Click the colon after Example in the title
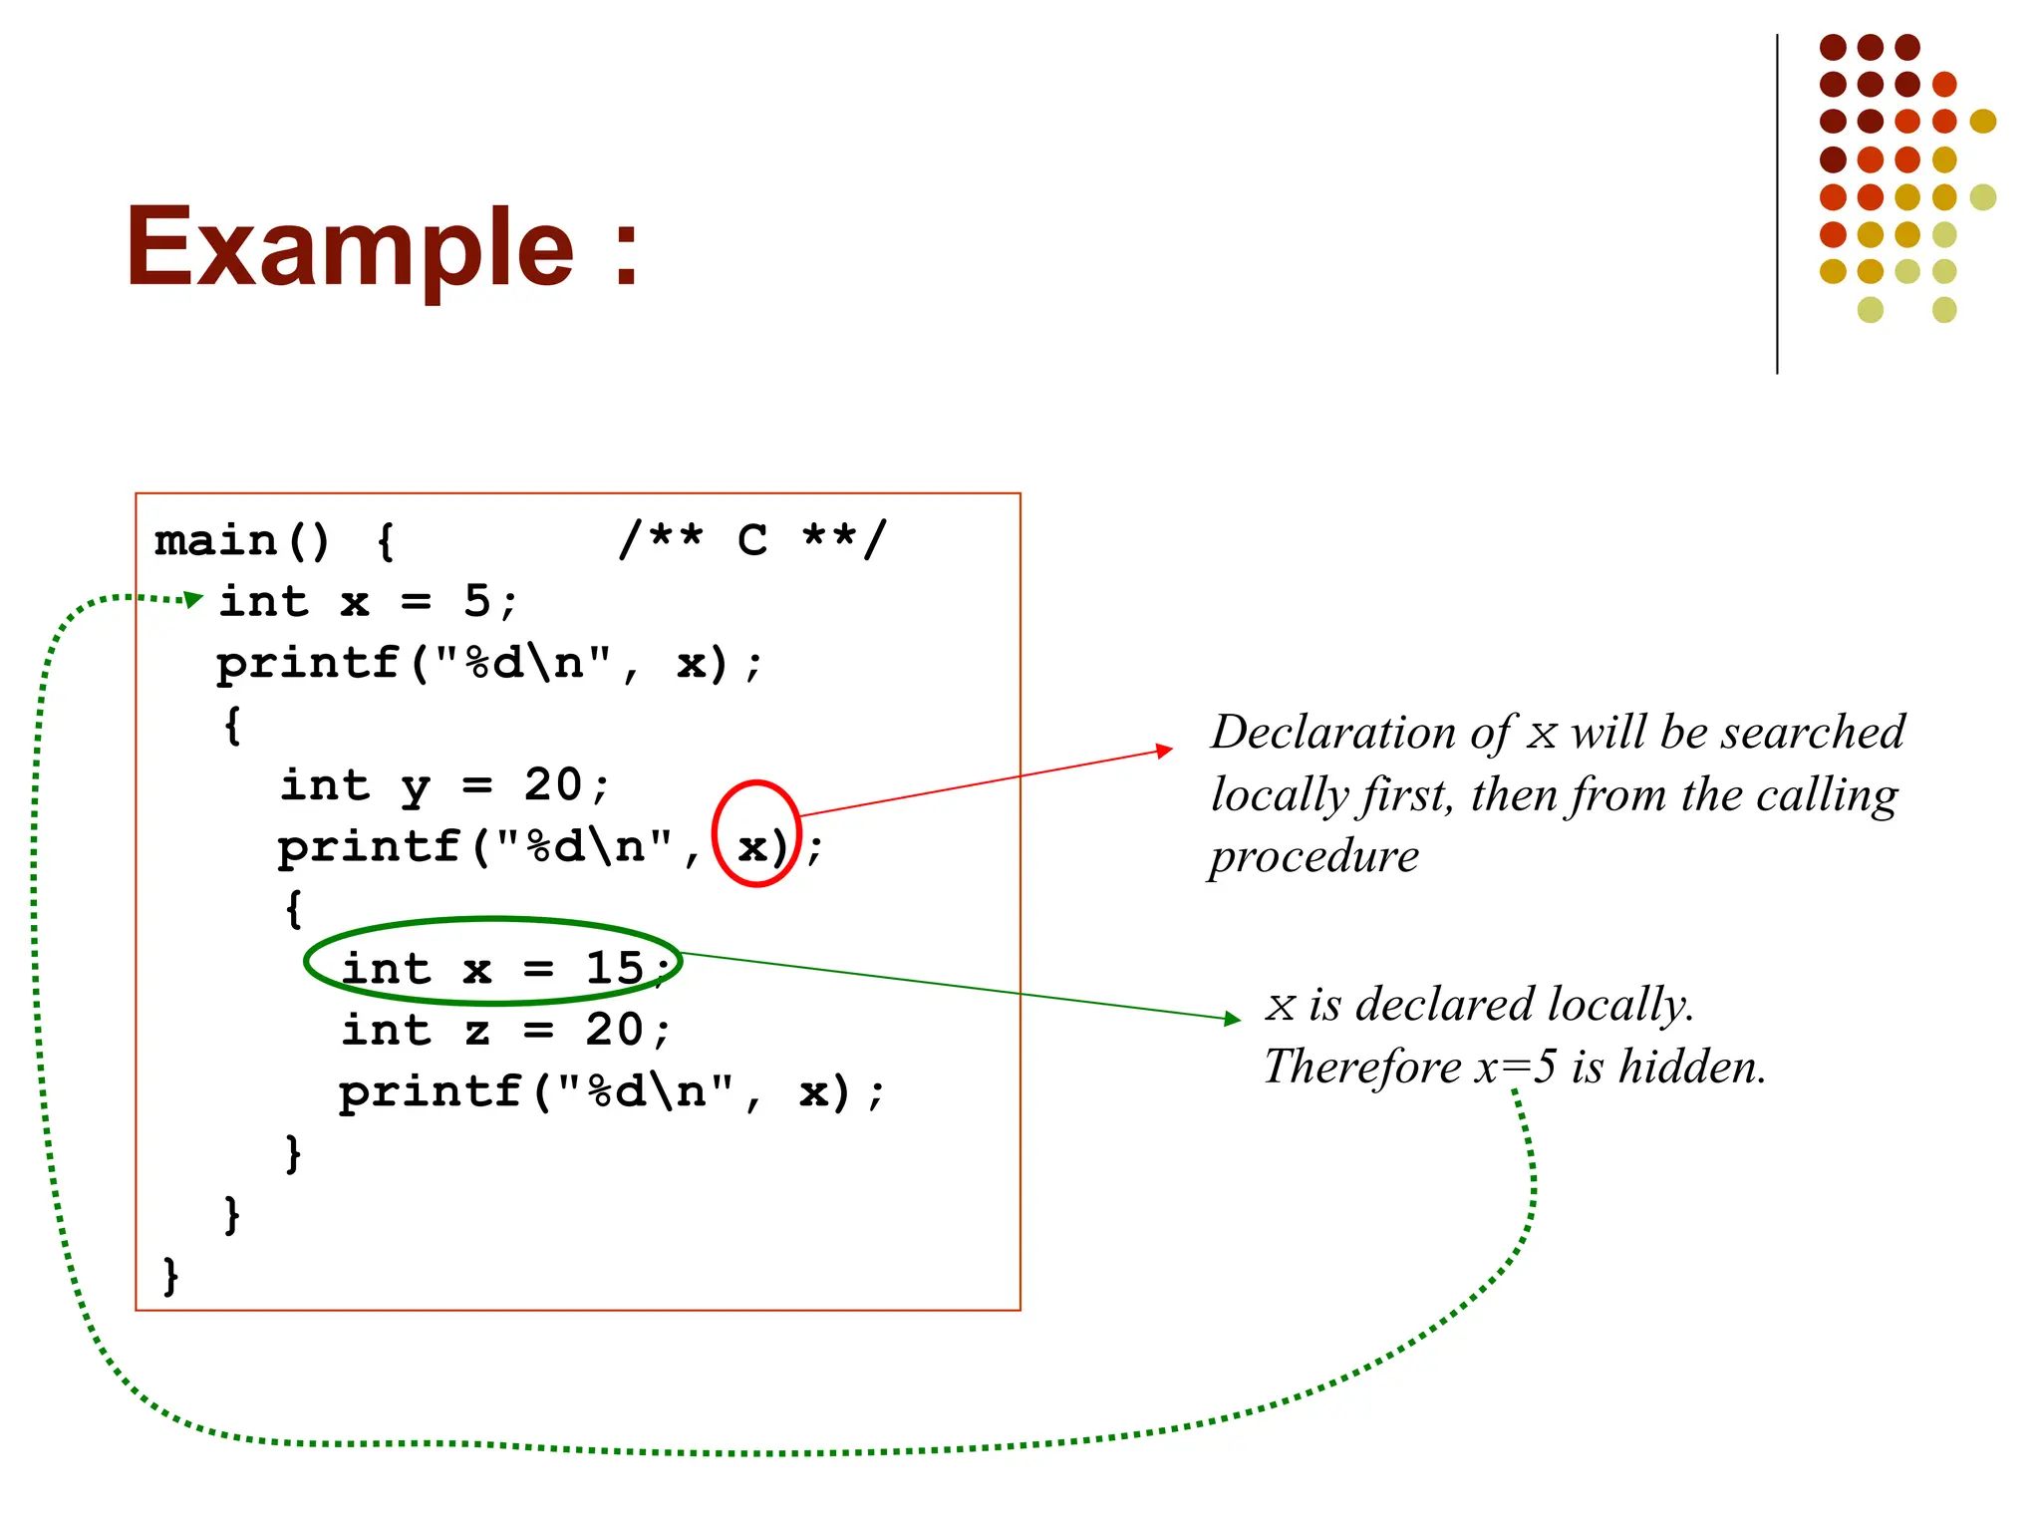626,255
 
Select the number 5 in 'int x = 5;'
476,601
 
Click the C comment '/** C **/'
752,540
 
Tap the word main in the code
216,541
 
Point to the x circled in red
751,847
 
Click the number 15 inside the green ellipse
614,968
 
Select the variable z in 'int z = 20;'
476,1031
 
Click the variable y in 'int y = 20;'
416,786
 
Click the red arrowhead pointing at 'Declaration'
1164,750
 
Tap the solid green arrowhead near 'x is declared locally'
1232,1018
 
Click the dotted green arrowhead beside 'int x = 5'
194,599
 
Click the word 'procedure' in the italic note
1313,856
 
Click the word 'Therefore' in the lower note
1361,1067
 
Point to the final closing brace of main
170,1276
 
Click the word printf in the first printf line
307,664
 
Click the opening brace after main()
386,541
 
